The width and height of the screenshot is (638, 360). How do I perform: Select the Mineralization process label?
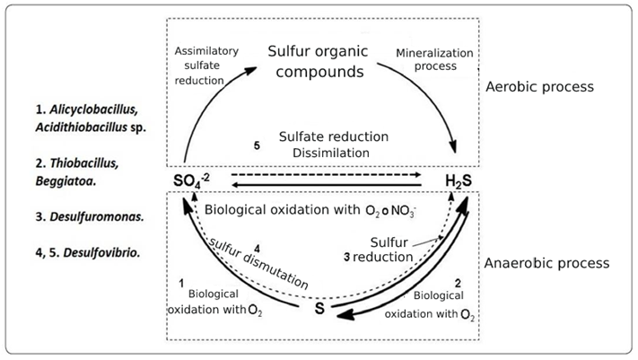428,59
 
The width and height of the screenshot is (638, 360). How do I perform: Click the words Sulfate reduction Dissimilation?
333,145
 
